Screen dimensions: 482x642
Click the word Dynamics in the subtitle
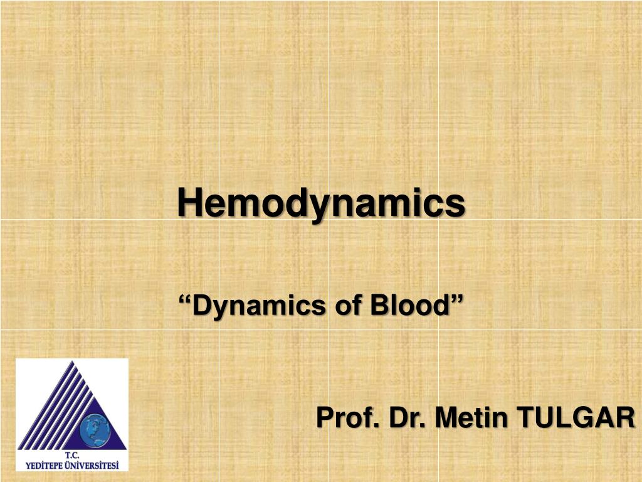(259, 306)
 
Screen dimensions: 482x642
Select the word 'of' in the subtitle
(348, 306)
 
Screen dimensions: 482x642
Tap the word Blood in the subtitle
(408, 306)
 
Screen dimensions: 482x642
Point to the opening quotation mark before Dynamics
(185, 301)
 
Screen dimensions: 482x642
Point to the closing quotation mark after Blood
(458, 301)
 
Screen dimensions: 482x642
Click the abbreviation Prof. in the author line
(347, 417)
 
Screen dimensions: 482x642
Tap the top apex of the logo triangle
(75, 362)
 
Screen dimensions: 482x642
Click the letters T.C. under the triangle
(71, 455)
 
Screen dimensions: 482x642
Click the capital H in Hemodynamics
(187, 203)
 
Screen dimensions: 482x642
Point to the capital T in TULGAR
(524, 417)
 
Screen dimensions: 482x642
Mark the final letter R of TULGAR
(624, 417)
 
